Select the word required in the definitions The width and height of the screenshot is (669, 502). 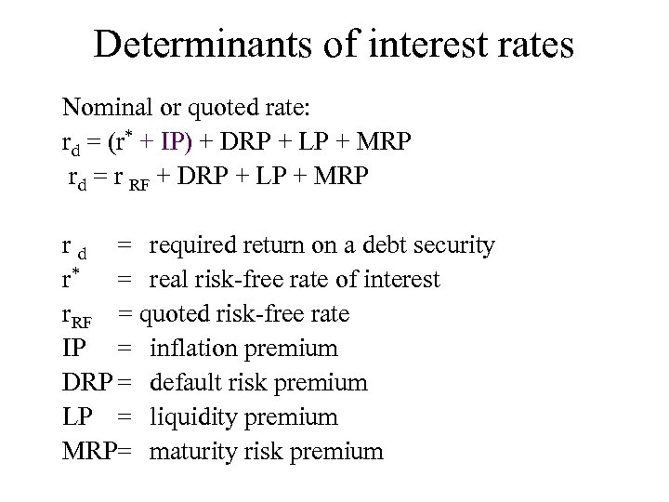pyautogui.click(x=195, y=246)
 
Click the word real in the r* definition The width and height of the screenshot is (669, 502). pyautogui.click(x=169, y=280)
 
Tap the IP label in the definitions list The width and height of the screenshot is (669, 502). pyautogui.click(x=73, y=349)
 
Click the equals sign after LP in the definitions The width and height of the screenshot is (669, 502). pyautogui.click(x=127, y=417)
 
